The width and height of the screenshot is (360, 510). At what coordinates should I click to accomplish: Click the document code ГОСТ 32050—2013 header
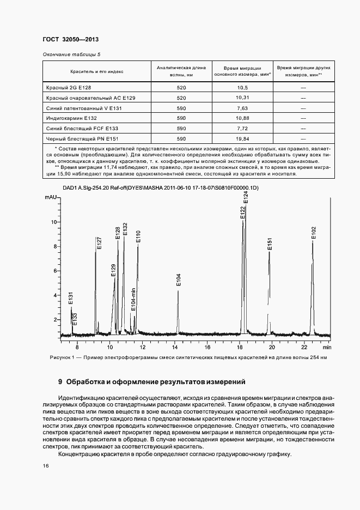70,40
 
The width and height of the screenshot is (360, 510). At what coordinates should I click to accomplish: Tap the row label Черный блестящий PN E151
83,138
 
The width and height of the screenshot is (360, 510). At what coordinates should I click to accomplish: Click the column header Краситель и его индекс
96,71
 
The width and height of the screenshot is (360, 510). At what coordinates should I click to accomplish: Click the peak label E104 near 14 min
179,280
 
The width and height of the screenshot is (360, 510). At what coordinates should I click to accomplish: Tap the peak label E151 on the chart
270,244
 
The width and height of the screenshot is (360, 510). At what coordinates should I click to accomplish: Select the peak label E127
99,243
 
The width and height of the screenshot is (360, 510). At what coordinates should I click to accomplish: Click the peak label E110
138,236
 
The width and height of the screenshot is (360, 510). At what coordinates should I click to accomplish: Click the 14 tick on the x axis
175,347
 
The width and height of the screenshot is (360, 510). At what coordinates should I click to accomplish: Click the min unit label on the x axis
326,347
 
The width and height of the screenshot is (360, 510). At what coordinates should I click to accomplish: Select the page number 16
45,466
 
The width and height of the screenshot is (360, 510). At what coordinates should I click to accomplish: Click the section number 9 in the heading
60,382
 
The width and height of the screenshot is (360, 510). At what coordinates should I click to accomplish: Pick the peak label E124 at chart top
246,198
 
